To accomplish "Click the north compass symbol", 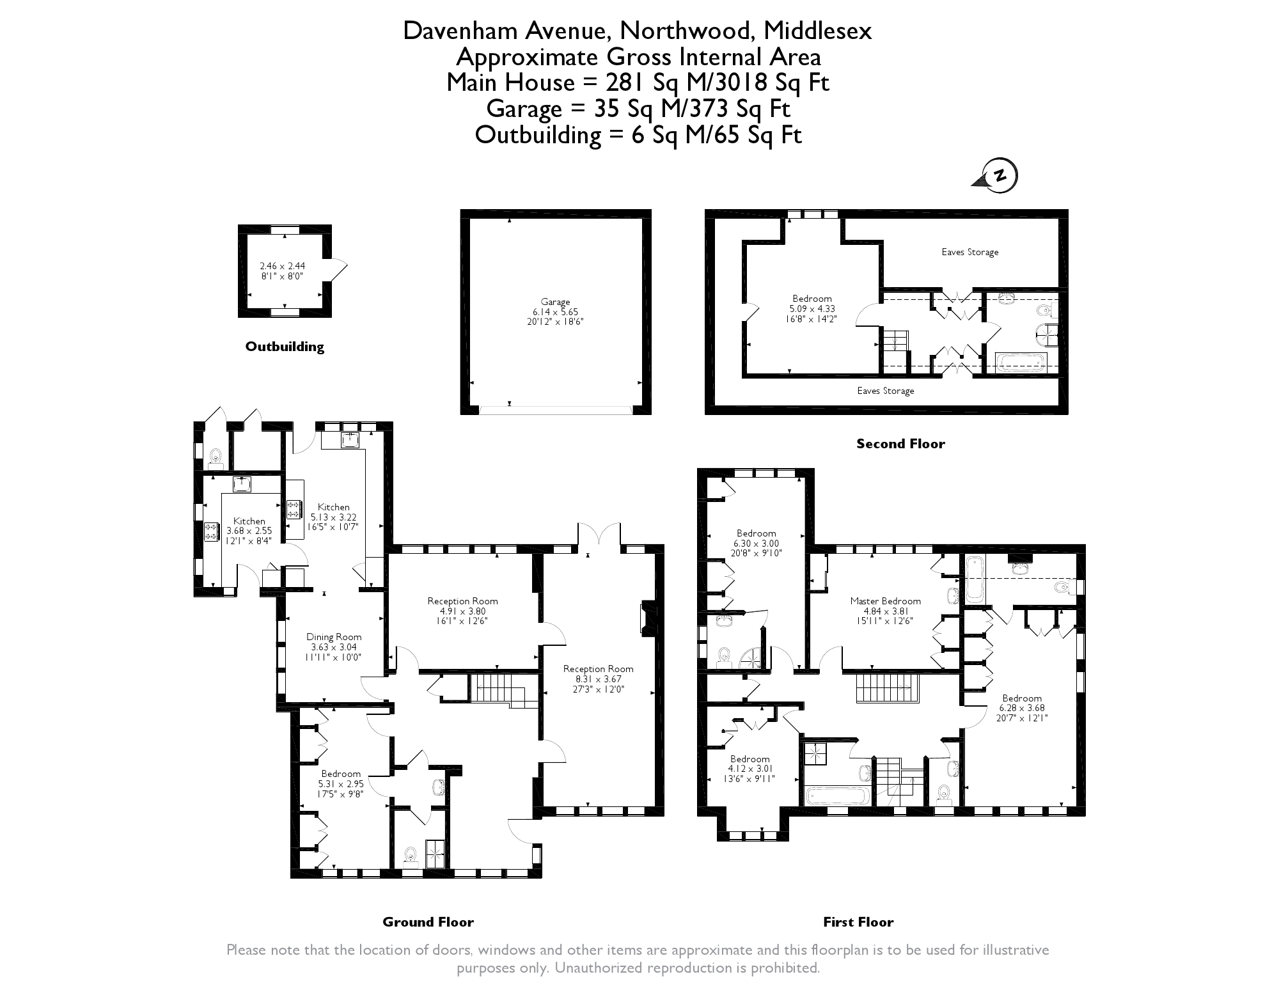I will (998, 176).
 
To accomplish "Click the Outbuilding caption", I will (285, 347).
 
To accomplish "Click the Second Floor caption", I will (900, 444).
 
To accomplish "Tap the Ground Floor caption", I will (428, 921).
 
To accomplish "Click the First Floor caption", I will (858, 921).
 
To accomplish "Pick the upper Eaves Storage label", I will (969, 252).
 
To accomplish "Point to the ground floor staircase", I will (499, 689).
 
